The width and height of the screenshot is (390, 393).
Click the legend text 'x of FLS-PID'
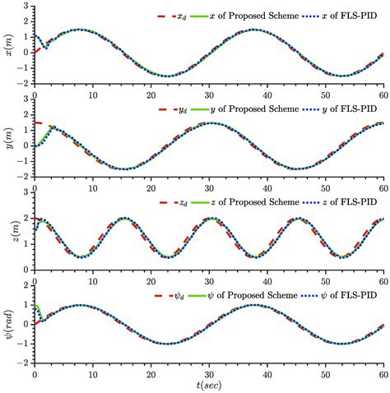point(351,16)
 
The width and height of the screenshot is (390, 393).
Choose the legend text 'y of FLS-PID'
point(351,109)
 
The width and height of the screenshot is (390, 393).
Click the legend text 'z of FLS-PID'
point(351,202)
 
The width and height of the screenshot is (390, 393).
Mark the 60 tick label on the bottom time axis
point(382,372)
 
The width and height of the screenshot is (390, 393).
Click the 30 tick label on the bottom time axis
point(208,372)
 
